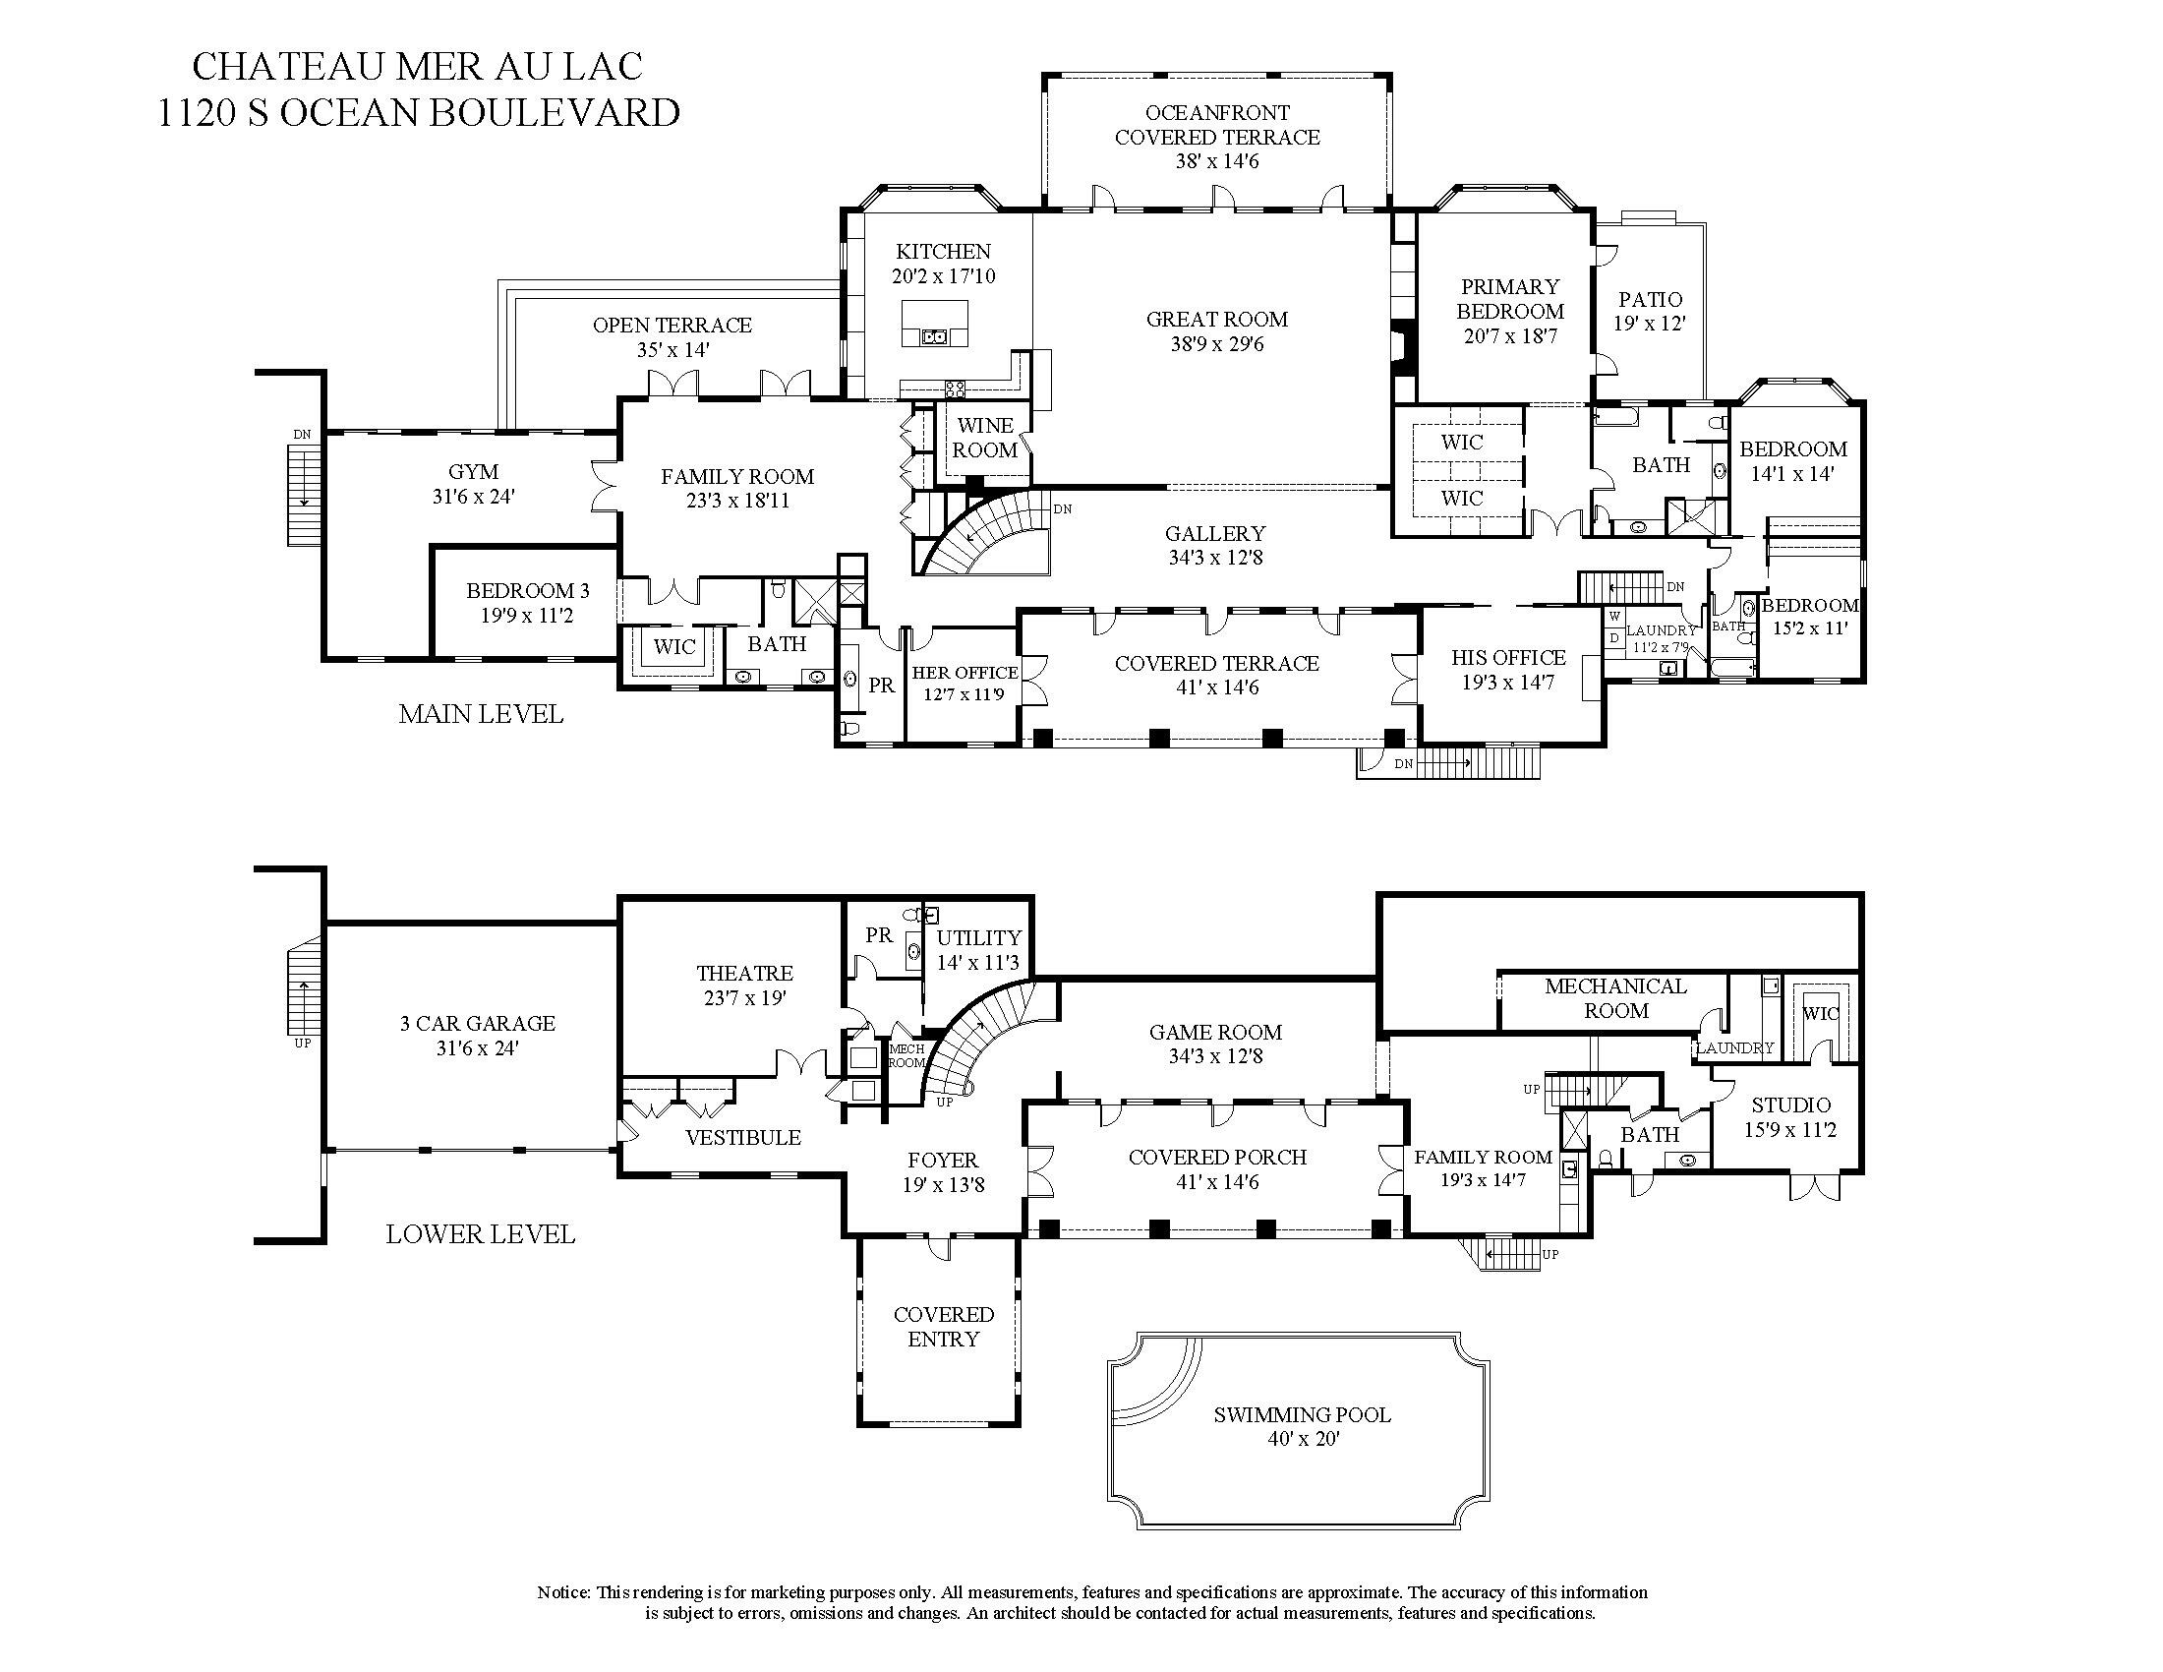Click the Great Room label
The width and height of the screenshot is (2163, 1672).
click(1216, 320)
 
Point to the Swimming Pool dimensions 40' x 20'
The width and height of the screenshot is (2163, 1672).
click(1303, 1439)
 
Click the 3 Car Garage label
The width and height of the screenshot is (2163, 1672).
click(478, 1023)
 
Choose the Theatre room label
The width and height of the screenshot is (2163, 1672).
click(744, 974)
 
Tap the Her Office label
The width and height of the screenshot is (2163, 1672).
click(965, 673)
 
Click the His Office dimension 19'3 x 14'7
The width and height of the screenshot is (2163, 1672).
click(1507, 683)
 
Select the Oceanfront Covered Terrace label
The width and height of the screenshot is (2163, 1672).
click(1216, 125)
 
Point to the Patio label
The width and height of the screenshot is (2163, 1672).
click(1650, 299)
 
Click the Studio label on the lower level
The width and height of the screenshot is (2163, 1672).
click(1790, 1105)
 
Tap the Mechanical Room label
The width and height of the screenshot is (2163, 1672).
click(1615, 998)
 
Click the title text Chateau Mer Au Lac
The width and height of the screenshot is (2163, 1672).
click(417, 66)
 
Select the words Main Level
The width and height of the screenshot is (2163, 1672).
click(481, 714)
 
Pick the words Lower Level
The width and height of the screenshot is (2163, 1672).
click(481, 1234)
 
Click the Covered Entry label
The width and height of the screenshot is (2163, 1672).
click(943, 1327)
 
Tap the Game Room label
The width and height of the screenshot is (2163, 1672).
click(1215, 1032)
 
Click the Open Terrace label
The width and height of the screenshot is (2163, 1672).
click(672, 325)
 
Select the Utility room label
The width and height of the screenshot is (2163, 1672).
click(978, 937)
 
